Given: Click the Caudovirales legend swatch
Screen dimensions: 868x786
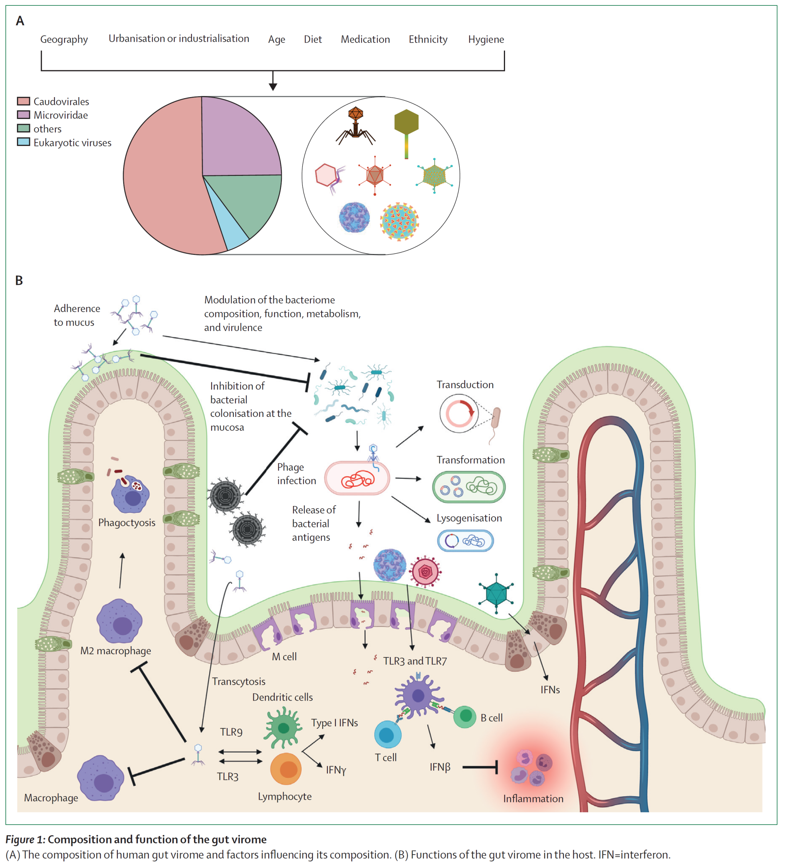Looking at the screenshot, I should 23,101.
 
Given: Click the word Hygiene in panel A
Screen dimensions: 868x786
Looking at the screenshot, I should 485,40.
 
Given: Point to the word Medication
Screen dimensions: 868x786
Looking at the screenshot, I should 365,40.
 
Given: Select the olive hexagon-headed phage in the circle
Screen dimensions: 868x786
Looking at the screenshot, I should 406,123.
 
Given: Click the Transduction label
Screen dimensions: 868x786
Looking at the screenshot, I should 465,385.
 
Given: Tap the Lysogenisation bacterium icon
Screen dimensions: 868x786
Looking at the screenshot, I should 465,541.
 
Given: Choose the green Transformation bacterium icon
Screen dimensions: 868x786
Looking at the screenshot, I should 468,487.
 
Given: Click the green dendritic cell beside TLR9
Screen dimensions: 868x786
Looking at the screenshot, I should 283,728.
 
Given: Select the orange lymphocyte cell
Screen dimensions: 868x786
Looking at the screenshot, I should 286,769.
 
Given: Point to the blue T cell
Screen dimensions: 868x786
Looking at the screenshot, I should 387,734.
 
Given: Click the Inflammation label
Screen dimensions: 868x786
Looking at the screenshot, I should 533,799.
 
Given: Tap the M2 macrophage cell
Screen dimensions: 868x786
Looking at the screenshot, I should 119,621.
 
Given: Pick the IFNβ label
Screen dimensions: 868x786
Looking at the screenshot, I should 440,767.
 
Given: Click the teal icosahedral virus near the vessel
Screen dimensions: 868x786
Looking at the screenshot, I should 496,593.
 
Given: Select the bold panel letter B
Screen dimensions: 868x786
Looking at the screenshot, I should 19,281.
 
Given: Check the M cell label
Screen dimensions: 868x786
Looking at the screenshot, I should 284,656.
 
